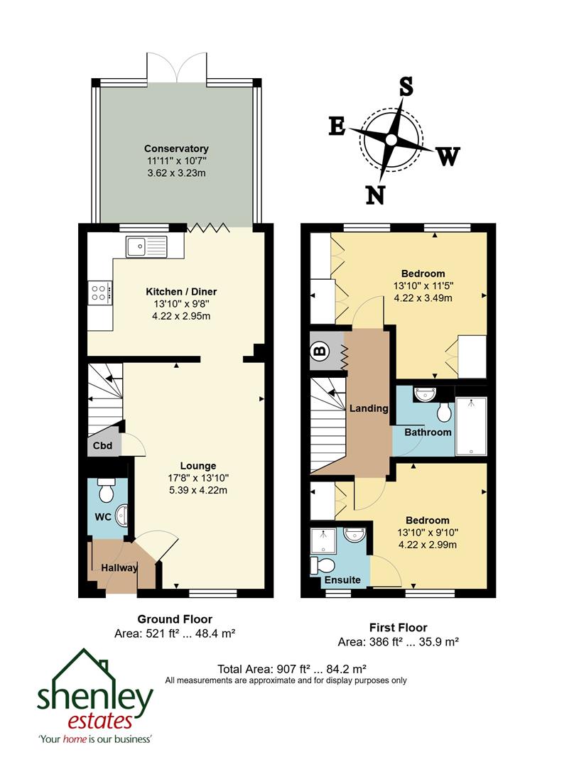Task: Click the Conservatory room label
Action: (x=176, y=148)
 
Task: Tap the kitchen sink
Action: (x=146, y=246)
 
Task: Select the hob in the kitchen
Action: (x=99, y=293)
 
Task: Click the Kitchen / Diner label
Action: (x=180, y=291)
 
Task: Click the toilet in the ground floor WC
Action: (x=107, y=491)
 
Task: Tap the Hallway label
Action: (x=114, y=567)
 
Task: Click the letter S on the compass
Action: (x=406, y=87)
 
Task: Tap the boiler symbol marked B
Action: (x=319, y=351)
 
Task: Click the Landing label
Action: (x=369, y=408)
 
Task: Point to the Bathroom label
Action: (x=428, y=432)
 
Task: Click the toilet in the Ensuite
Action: (x=325, y=565)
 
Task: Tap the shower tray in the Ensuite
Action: (x=324, y=540)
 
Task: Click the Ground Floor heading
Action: (x=174, y=619)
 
